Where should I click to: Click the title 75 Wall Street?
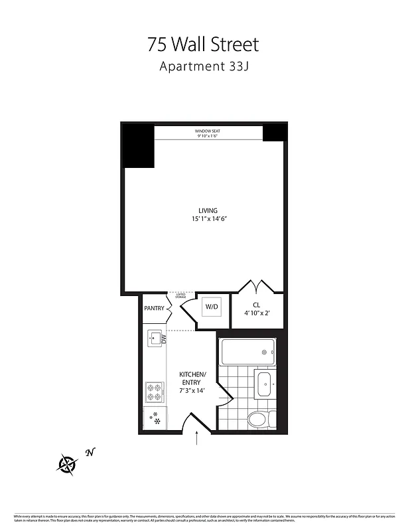pos(203,44)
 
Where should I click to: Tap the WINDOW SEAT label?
pos(208,131)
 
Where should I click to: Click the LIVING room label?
pos(208,210)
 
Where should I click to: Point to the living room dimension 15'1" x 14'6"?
pos(208,219)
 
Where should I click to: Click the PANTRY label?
pos(154,308)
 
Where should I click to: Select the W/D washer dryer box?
pos(212,307)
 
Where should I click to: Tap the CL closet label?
pos(256,305)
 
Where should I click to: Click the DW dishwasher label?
pos(163,339)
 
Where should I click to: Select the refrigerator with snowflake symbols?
pos(155,418)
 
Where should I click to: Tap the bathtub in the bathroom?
pos(248,352)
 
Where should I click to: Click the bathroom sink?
pos(263,384)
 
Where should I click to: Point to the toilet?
pos(259,418)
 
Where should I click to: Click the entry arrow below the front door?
pos(197,439)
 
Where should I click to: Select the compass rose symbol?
pos(68,463)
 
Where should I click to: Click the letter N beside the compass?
pos(90,453)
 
